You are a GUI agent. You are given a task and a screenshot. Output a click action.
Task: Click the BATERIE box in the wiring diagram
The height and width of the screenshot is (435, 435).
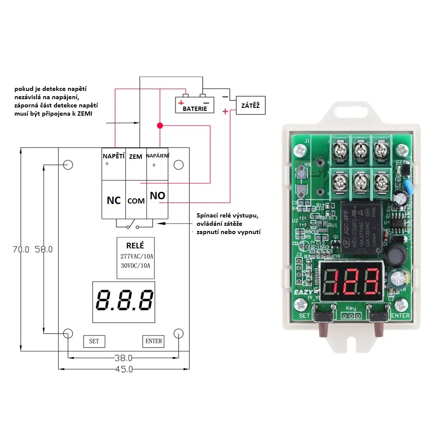(x=194, y=105)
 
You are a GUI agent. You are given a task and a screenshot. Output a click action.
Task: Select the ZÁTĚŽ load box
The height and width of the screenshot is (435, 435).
(x=250, y=105)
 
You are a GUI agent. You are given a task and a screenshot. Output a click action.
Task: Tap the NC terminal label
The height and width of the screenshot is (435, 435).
(x=114, y=200)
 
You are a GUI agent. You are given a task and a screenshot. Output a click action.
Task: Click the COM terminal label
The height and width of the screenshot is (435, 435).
(x=136, y=201)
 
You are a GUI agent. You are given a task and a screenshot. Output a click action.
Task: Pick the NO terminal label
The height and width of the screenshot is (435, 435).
(x=157, y=196)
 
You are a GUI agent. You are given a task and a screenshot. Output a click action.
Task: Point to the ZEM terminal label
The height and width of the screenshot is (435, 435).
(x=136, y=156)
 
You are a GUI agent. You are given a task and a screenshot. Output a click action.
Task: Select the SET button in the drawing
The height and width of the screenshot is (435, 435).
(x=94, y=341)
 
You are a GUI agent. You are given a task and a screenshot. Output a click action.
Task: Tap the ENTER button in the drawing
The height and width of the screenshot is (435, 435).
(x=154, y=341)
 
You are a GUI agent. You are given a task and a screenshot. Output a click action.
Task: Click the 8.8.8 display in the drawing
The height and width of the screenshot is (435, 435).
(x=124, y=301)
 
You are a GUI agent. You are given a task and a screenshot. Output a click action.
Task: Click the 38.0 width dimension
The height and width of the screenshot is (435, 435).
(x=123, y=358)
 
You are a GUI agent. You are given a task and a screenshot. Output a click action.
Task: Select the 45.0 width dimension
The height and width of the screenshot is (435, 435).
(x=123, y=369)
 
